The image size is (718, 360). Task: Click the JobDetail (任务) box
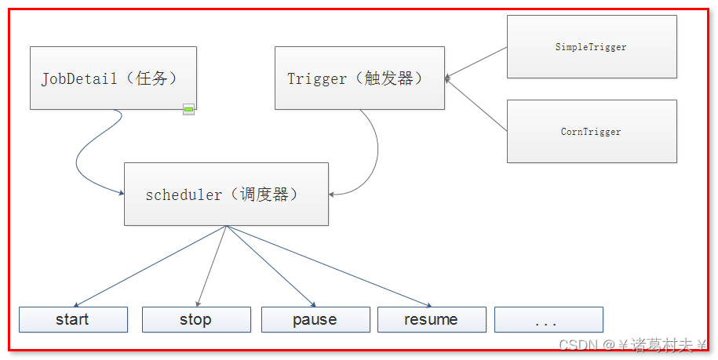coord(113,78)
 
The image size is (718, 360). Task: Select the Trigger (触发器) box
coord(359,78)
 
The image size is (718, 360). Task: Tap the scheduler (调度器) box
coord(226,194)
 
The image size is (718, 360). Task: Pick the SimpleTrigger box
coord(592,46)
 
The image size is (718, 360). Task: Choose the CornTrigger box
coord(592,131)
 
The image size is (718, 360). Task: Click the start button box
coord(73,319)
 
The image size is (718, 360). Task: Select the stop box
coord(196,319)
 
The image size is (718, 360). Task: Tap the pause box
coord(315,319)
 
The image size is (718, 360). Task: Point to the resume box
coord(432,319)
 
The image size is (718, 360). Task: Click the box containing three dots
coord(549,319)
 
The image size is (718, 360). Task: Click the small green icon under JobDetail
coord(188,109)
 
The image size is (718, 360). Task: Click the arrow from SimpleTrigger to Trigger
coord(476,63)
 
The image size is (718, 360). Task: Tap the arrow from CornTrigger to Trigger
coord(476,105)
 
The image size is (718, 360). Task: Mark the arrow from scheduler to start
coord(150,266)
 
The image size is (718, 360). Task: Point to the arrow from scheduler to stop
coord(212,266)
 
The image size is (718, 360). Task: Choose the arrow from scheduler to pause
coord(271,266)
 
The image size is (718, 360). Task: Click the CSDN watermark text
coord(632,345)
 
